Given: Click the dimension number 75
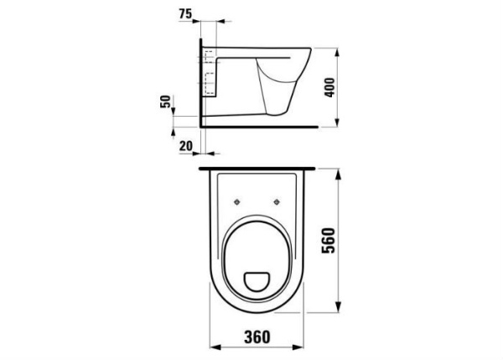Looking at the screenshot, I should [x=186, y=14].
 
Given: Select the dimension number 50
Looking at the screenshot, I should [x=166, y=101].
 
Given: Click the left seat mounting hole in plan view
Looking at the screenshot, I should [x=238, y=201].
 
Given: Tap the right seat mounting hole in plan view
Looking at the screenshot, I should [x=276, y=201].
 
